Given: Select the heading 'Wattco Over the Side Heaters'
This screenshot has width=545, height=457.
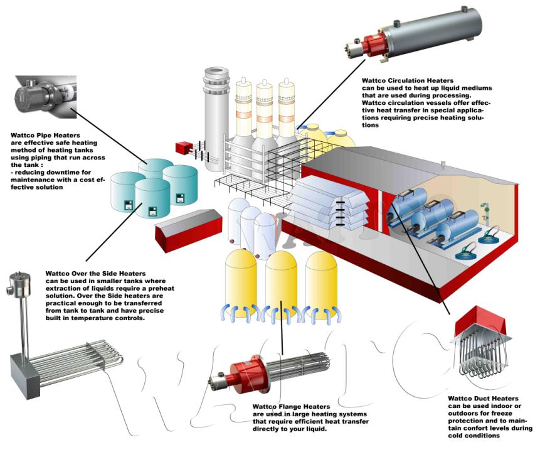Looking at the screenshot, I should [96, 274].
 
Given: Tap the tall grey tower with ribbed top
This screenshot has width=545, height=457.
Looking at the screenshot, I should [213, 113].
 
